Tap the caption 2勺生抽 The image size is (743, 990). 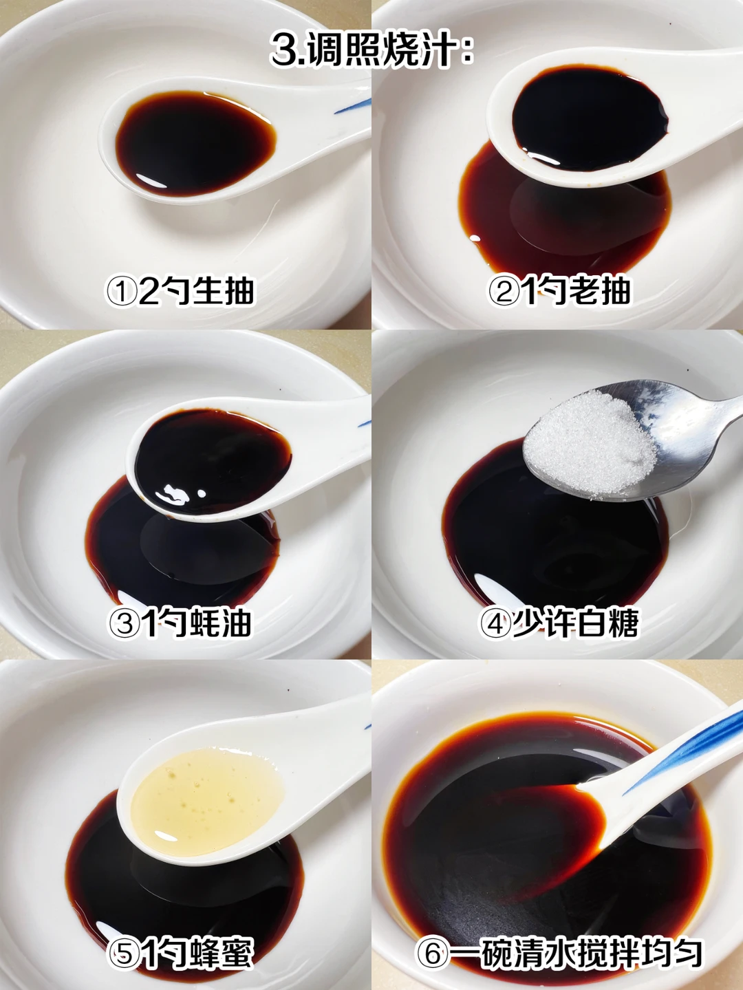coord(197,291)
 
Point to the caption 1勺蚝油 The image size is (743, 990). coord(197,623)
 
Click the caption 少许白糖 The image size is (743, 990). coord(576,623)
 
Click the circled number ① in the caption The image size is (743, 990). coord(122,292)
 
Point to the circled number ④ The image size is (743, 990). coord(495,624)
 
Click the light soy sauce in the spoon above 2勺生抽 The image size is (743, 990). coord(195,143)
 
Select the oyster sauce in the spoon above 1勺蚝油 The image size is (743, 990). coord(213,461)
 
